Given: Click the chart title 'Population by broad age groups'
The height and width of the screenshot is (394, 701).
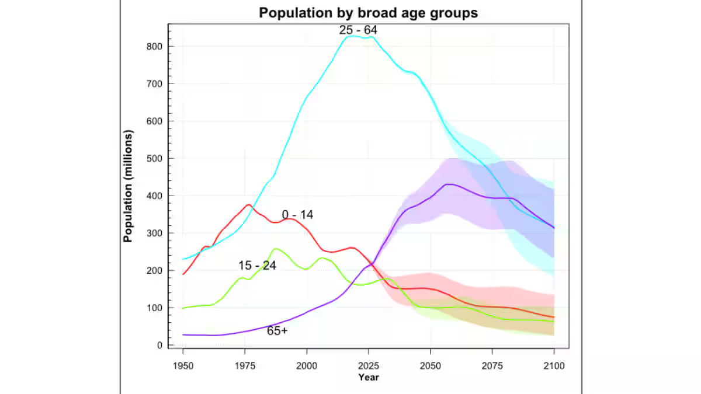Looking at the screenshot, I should click(369, 13).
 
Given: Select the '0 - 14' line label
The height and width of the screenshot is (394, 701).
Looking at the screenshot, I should click(297, 215).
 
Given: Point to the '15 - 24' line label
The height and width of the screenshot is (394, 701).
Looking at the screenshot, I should click(257, 266).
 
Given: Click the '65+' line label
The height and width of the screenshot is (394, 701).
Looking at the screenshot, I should click(277, 330).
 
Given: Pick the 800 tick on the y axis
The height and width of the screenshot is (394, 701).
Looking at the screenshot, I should click(154, 47).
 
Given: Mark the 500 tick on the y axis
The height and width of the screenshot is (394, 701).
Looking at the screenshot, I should click(154, 159).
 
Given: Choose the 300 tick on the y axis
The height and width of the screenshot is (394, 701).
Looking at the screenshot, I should click(154, 233).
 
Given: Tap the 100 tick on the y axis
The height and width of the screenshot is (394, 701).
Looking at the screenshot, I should click(154, 308).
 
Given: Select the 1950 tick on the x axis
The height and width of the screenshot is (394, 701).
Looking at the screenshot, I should click(183, 366).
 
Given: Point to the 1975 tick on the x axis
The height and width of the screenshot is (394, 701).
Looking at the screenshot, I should click(245, 366).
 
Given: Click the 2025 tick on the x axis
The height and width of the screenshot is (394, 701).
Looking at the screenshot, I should click(369, 366).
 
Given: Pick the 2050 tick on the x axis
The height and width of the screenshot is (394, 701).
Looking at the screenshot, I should click(431, 366).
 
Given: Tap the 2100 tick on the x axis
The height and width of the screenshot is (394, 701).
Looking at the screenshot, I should click(554, 366).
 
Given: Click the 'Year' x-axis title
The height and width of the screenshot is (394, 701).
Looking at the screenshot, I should click(369, 377).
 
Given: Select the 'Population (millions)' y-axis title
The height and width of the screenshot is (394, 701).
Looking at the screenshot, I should click(129, 186).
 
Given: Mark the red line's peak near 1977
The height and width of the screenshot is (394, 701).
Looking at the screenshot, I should click(249, 205).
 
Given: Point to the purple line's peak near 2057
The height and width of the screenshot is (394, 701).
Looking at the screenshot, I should click(447, 184).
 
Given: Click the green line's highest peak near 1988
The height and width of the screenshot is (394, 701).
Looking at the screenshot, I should click(276, 249).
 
